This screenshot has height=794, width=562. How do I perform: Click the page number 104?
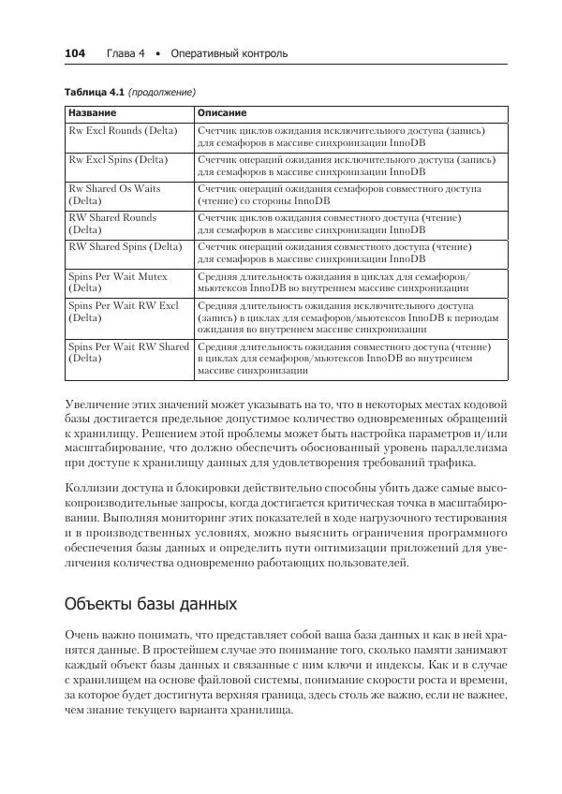point(74,54)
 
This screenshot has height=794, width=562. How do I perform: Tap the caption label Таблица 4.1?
point(93,93)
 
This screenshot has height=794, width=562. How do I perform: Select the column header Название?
point(92,112)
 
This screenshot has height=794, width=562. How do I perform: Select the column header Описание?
point(222,112)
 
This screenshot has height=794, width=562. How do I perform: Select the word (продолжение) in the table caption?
point(161,93)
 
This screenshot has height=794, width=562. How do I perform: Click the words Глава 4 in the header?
point(126,54)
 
